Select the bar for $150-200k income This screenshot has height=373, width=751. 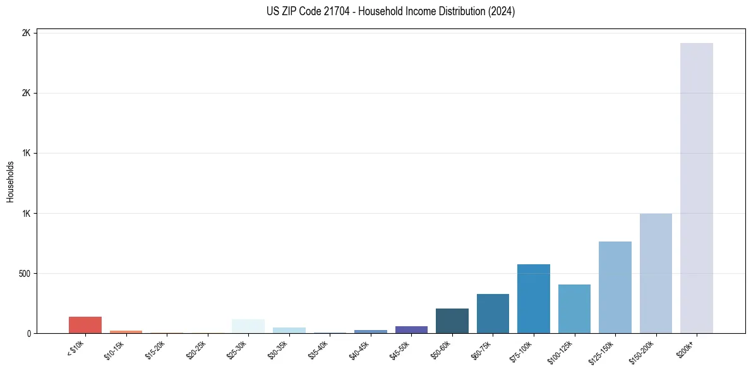point(656,273)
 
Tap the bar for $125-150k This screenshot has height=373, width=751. point(615,287)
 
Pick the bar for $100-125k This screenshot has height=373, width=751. point(574,309)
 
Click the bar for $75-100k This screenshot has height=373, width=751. point(533,298)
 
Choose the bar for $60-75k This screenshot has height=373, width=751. point(493,314)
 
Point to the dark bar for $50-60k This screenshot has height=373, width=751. point(452,321)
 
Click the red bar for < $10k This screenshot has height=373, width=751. point(85,325)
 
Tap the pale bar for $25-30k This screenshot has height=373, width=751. point(248,326)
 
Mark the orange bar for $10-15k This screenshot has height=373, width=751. point(126,331)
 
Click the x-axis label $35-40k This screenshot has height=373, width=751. point(318,350)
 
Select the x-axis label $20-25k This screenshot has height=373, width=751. point(196,350)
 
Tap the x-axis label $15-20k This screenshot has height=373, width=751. point(155,350)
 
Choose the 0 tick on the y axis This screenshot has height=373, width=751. point(29,334)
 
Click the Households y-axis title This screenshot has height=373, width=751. point(11,181)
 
